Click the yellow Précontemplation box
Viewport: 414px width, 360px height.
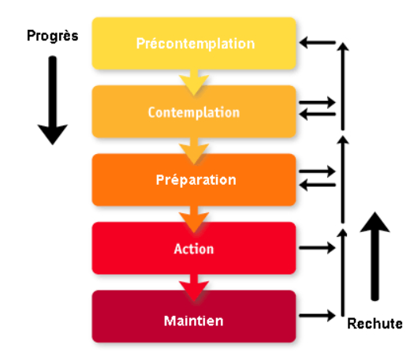[x=194, y=43]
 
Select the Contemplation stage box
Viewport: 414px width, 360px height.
[x=194, y=111]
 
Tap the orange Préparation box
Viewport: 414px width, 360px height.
[x=194, y=180]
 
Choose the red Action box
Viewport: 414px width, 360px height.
[x=194, y=248]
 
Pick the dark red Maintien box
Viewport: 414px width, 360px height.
[x=194, y=316]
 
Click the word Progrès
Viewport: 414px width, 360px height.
[x=53, y=36]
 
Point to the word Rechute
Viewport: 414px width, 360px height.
[x=375, y=324]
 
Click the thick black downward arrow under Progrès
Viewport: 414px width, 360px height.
[x=53, y=100]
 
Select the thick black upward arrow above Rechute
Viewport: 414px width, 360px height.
[x=375, y=257]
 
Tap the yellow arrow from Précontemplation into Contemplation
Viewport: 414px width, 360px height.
[x=194, y=82]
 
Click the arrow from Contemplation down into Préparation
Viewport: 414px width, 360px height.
[x=194, y=151]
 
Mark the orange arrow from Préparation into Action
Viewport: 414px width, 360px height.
[x=194, y=219]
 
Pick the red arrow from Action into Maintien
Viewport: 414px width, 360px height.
[x=194, y=287]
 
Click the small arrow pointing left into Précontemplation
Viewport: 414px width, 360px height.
[x=317, y=43]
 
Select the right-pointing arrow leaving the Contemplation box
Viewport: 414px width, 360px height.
[x=317, y=102]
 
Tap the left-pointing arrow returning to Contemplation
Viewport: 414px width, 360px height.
[x=317, y=114]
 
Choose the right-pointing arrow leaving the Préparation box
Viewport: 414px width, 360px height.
[x=317, y=171]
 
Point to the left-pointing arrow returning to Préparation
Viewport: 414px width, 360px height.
[x=317, y=185]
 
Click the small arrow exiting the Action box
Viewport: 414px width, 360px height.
[x=317, y=248]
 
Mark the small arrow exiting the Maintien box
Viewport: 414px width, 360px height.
[x=317, y=315]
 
